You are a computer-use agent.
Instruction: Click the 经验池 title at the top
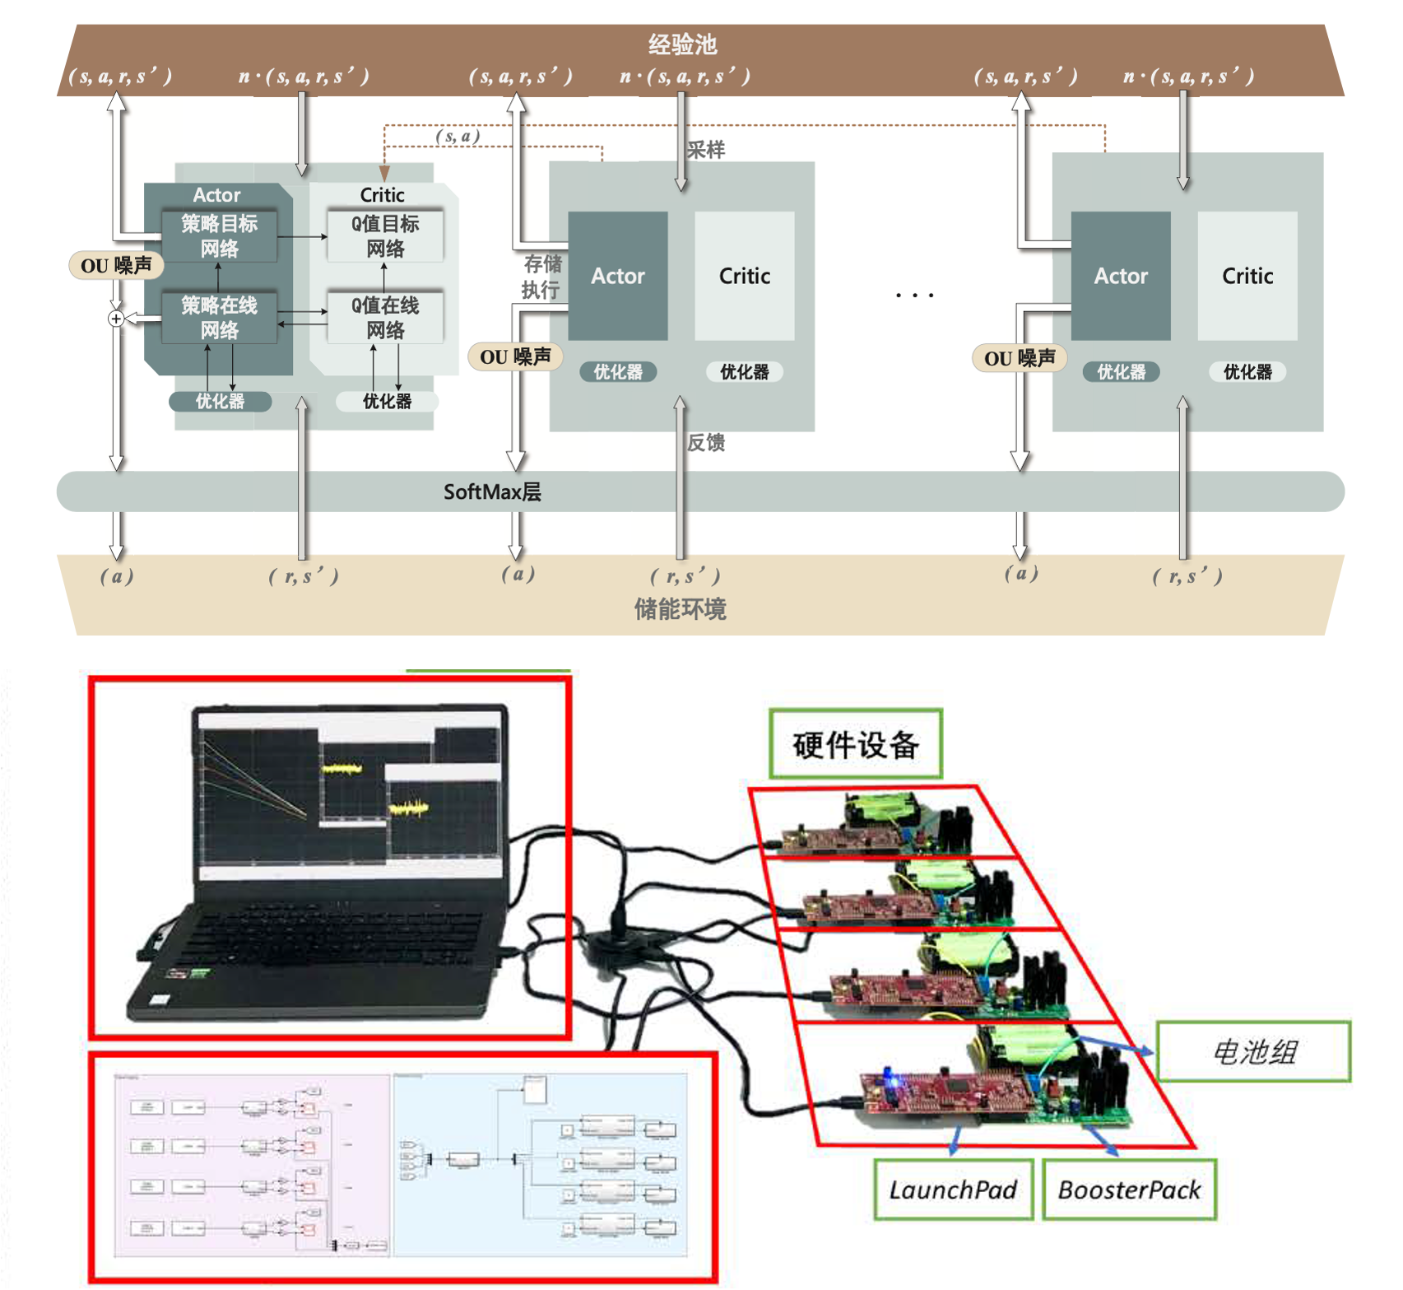[x=682, y=44]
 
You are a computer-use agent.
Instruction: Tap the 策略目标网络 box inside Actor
[x=219, y=236]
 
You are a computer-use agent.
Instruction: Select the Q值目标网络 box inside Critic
[x=385, y=236]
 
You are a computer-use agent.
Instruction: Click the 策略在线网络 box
[x=219, y=318]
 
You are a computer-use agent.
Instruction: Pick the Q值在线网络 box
[x=385, y=318]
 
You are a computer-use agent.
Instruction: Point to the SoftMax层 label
[x=492, y=492]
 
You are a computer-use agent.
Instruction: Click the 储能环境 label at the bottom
[x=680, y=610]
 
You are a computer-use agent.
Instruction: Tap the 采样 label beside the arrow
[x=706, y=150]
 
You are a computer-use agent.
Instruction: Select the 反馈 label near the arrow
[x=706, y=443]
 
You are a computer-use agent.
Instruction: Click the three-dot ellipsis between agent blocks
[x=914, y=295]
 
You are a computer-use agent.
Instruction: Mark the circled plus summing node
[x=117, y=319]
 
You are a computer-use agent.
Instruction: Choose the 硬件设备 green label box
[x=856, y=744]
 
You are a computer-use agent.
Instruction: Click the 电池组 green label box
[x=1253, y=1051]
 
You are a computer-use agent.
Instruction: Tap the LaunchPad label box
[x=953, y=1190]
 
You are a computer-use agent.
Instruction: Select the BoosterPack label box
[x=1129, y=1190]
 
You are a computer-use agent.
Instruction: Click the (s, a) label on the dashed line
[x=458, y=136]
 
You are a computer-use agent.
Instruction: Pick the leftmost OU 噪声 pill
[x=116, y=265]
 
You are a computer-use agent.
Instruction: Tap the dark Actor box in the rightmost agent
[x=1120, y=276]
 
